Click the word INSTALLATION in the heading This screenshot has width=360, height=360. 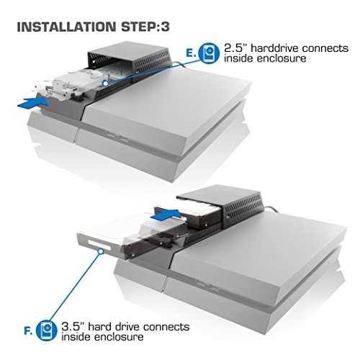pos(66,27)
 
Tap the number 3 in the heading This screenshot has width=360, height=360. pos(166,27)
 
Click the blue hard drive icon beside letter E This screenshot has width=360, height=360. pos(209,53)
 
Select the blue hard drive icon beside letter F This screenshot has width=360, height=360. pos(47,330)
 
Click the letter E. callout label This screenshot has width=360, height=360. pos(191,53)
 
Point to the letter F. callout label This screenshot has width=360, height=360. pos(28,331)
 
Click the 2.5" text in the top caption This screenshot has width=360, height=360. pos(235,48)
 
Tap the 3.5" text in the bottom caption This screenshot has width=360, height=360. pos(73,326)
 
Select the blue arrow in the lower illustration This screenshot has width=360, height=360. pos(166,215)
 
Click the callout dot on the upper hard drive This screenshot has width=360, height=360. pos(105,84)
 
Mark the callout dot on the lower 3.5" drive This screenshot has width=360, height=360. pos(101,251)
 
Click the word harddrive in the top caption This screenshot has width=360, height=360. pos(275,48)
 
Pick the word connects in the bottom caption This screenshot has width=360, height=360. pos(166,327)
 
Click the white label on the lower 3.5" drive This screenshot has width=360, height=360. pos(99,245)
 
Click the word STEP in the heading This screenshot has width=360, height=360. pos(138,27)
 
